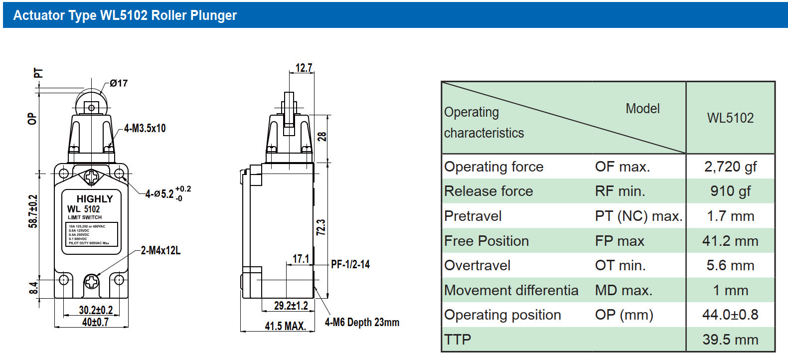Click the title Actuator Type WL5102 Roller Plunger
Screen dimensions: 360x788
tap(125, 15)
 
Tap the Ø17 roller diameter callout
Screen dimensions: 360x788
tap(119, 83)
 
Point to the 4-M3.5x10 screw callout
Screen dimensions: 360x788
tap(145, 128)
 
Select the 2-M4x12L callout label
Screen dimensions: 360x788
tap(160, 250)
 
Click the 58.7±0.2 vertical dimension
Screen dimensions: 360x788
tap(33, 211)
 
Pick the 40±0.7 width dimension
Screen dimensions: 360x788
tap(95, 322)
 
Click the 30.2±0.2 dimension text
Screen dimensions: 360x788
tap(96, 310)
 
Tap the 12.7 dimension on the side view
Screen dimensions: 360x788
tap(304, 68)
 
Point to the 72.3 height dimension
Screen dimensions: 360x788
tap(321, 227)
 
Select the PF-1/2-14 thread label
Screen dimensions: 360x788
tap(350, 264)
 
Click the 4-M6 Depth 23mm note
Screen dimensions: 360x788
tap(362, 322)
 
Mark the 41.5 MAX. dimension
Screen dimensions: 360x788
tap(285, 326)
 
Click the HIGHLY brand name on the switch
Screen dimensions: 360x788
tap(95, 198)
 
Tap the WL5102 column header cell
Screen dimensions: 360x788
tap(730, 118)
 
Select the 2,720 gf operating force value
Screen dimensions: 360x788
tap(730, 167)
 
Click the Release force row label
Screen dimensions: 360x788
tap(488, 191)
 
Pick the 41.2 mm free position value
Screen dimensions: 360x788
tap(730, 241)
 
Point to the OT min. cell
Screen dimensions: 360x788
tap(620, 265)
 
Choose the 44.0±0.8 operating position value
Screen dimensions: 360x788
tap(730, 315)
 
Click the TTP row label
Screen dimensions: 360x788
tap(458, 340)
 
